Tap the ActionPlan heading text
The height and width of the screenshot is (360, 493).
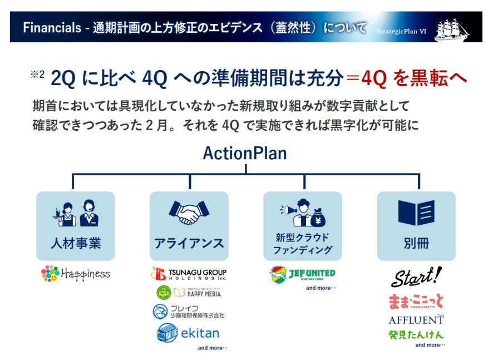[245, 154]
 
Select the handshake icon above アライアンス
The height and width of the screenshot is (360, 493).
[189, 212]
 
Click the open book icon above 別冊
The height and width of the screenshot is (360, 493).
[416, 213]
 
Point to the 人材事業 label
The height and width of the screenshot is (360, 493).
[76, 243]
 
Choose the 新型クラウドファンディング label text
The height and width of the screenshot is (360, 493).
[302, 244]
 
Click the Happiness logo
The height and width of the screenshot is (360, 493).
[76, 273]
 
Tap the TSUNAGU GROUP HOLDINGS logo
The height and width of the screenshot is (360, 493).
[189, 274]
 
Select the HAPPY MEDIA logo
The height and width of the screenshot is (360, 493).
[189, 292]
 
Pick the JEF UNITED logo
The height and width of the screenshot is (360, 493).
[302, 274]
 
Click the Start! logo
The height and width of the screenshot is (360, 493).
[416, 277]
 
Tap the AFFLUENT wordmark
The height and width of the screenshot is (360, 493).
[416, 320]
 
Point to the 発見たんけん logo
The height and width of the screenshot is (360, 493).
[416, 334]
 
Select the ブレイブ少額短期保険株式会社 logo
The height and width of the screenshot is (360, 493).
[189, 312]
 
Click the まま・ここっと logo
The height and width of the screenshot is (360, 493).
[416, 302]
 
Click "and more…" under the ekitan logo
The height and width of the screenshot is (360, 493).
[213, 348]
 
